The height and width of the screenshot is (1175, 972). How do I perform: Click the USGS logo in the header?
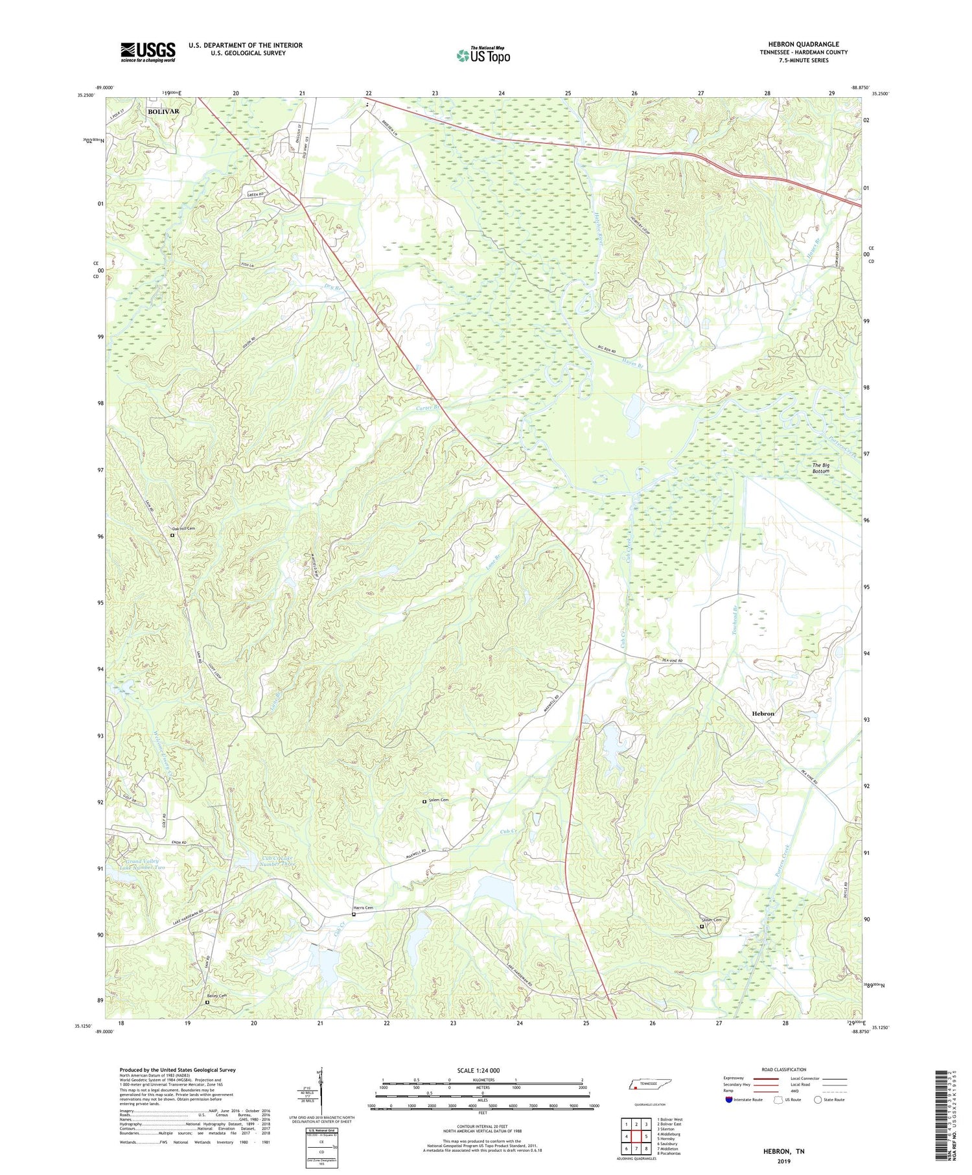(x=148, y=52)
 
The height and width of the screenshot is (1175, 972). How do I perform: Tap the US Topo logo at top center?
(x=483, y=55)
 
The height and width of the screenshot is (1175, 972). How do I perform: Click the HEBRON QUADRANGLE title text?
(x=803, y=44)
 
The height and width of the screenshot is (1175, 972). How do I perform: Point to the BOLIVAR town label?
(x=163, y=111)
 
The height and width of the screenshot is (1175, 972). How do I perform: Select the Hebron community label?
(x=763, y=714)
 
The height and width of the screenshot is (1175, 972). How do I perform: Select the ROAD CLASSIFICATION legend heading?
(x=784, y=1069)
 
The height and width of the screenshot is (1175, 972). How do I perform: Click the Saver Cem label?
(x=711, y=920)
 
